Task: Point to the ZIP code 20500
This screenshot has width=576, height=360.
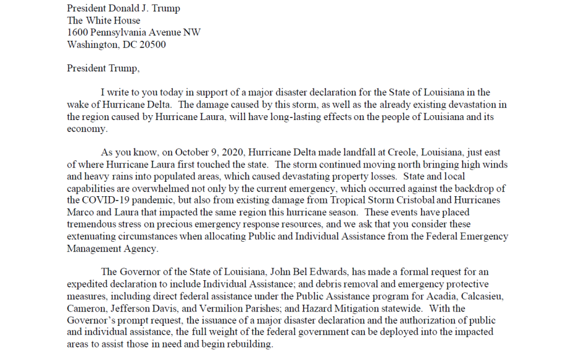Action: pos(152,44)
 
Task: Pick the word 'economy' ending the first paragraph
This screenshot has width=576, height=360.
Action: pos(87,128)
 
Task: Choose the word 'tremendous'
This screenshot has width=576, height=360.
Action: pos(91,225)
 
